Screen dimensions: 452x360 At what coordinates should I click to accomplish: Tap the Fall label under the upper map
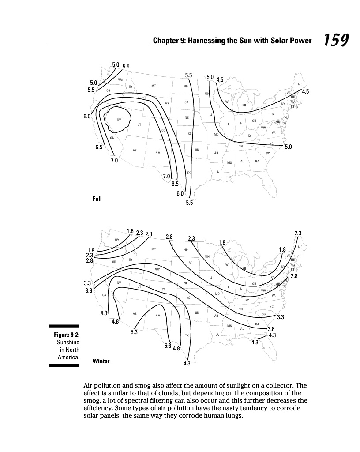(x=97, y=199)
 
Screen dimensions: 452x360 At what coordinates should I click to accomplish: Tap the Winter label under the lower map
(x=101, y=361)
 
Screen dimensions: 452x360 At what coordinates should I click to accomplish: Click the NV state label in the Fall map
(x=119, y=120)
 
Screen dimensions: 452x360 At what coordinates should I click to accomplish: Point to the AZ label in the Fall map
(x=135, y=151)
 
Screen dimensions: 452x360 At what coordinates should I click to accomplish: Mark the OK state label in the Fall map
(x=197, y=150)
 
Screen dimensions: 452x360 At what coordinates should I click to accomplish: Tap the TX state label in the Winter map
(x=187, y=336)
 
